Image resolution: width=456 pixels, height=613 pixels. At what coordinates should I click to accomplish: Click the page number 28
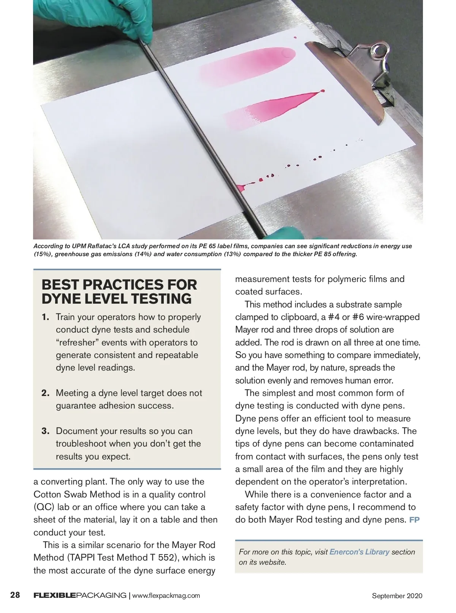point(15,595)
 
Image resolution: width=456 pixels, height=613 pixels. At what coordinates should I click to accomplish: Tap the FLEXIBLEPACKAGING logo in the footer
point(80,595)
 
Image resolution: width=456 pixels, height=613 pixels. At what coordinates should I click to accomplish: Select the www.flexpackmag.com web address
point(166,596)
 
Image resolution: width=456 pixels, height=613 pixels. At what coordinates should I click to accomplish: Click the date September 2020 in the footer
point(397,596)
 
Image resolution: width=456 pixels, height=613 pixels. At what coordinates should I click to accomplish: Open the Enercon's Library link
point(359,552)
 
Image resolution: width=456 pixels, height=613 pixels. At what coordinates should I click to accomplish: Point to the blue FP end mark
point(415,520)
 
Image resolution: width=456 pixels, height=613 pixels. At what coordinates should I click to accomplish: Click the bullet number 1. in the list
point(46,317)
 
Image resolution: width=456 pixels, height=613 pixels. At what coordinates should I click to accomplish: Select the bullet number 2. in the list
point(46,393)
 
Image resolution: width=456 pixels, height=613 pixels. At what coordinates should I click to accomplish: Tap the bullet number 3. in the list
point(46,431)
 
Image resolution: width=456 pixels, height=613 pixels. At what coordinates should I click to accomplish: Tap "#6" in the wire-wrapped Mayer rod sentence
point(355,317)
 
